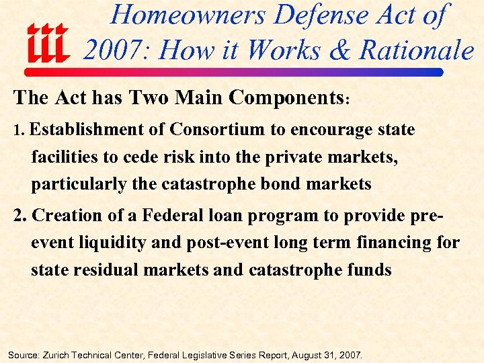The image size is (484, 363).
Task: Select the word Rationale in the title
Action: (417, 50)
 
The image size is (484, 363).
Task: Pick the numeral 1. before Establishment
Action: (18, 130)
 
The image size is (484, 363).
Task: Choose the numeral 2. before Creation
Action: (21, 216)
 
